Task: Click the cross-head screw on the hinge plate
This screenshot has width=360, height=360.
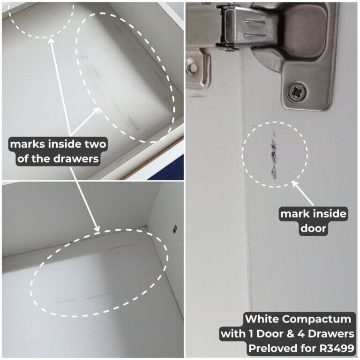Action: click(x=298, y=92)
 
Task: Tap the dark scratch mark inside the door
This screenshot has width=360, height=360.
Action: click(x=274, y=155)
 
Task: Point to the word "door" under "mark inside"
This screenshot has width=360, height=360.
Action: click(x=314, y=228)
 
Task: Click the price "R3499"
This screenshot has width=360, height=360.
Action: click(x=337, y=348)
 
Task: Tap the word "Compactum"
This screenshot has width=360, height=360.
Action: click(x=316, y=319)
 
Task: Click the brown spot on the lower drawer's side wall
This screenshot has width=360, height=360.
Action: click(x=175, y=229)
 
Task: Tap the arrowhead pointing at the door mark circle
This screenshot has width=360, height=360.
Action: click(x=295, y=184)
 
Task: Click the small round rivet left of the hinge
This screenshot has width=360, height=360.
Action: click(x=192, y=68)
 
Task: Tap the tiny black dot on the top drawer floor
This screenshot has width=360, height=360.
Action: click(x=42, y=54)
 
